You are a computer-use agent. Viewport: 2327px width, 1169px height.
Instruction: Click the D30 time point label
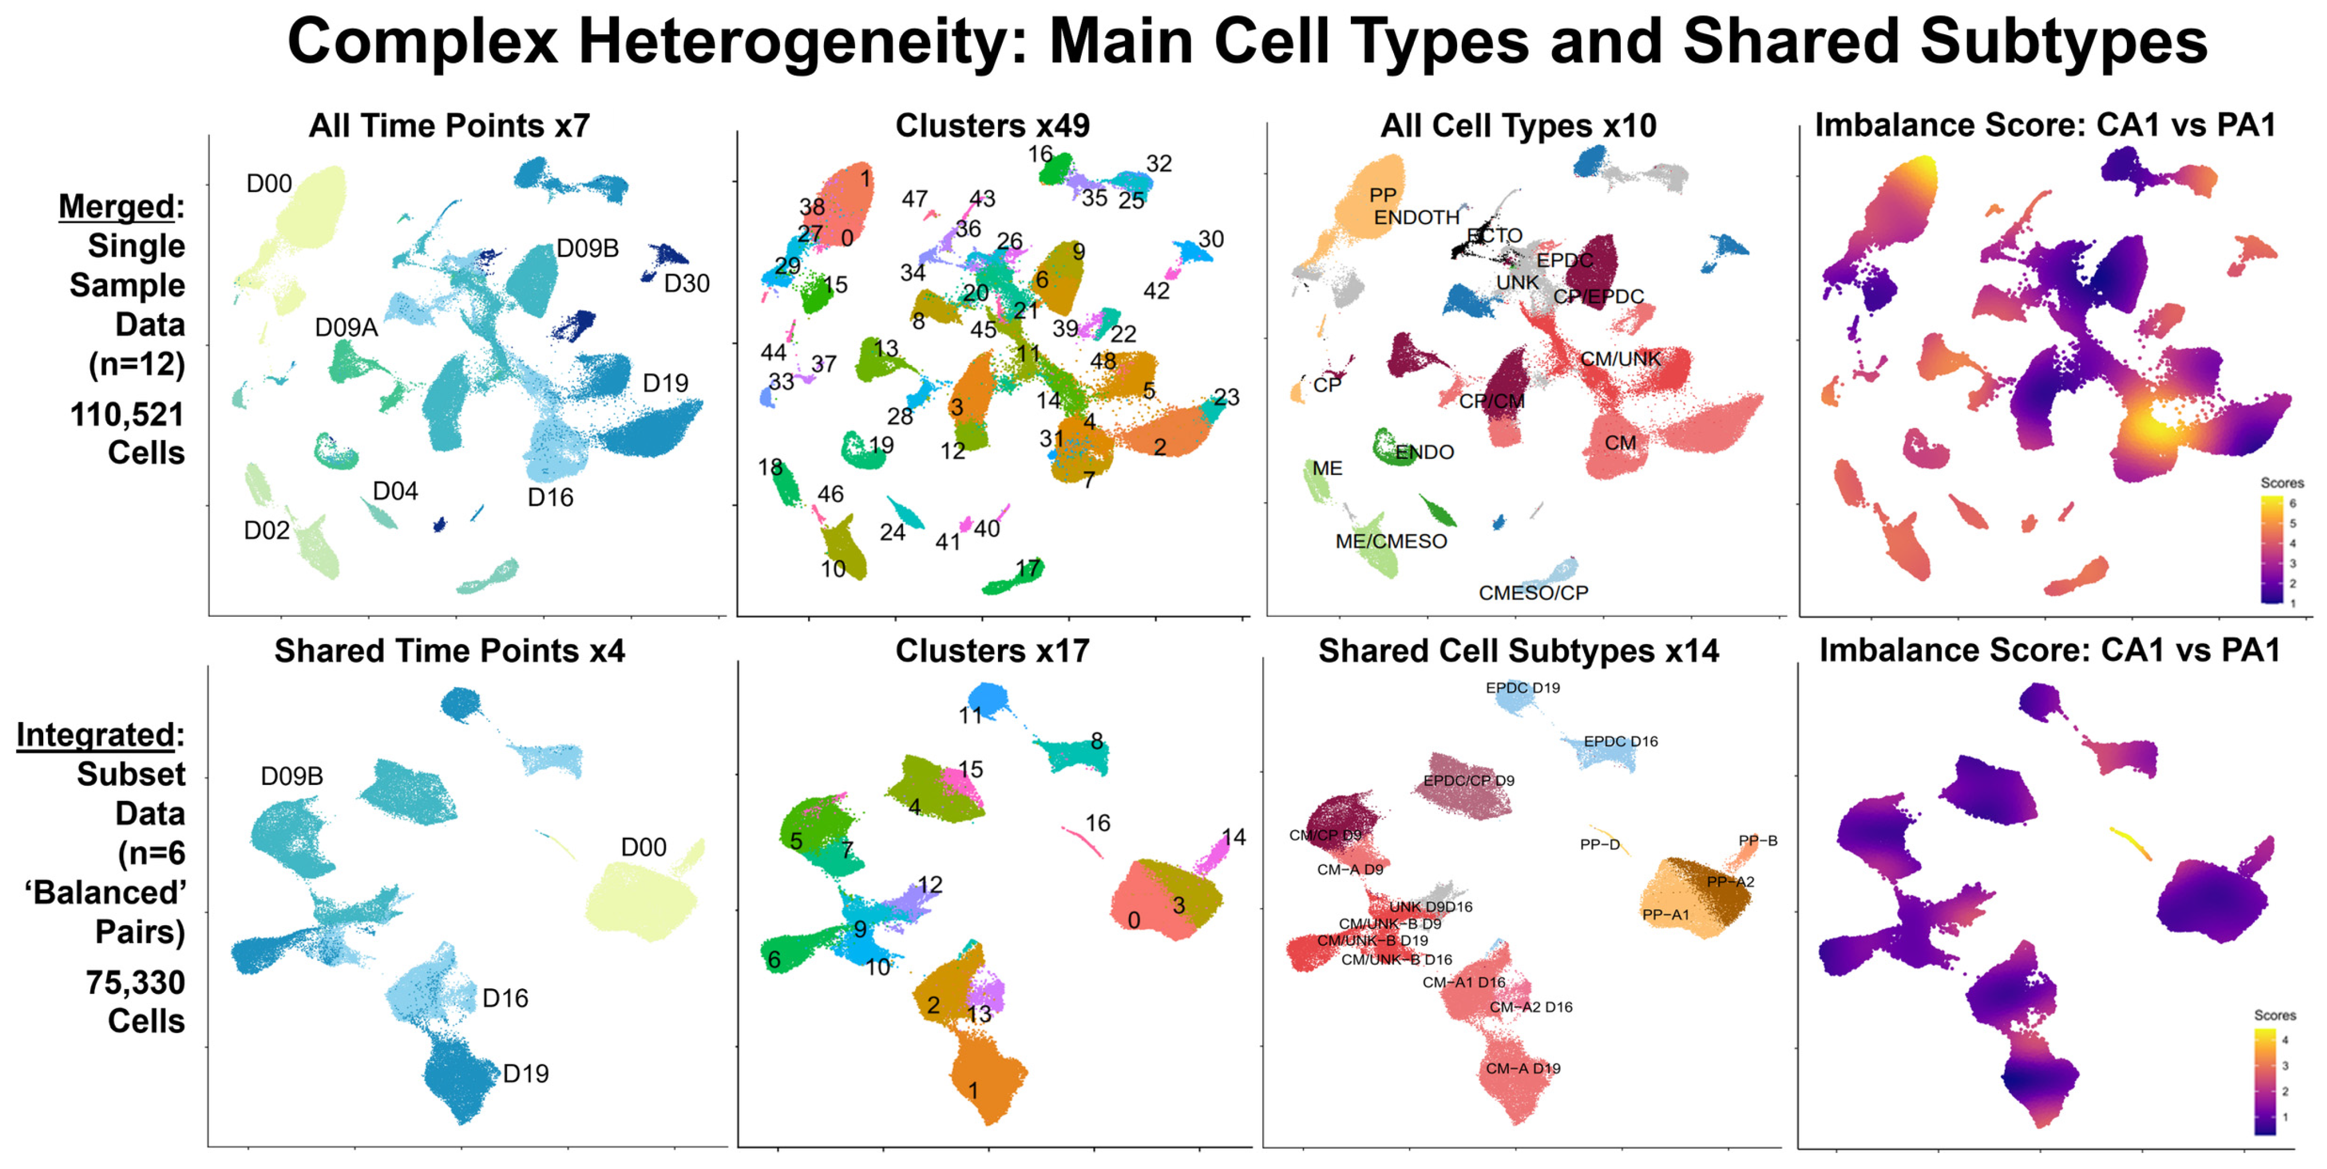click(686, 284)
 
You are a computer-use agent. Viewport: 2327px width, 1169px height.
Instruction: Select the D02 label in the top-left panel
click(266, 530)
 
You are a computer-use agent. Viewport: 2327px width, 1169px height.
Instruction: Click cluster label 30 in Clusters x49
click(1210, 240)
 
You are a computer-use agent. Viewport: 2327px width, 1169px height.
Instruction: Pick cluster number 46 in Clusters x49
click(830, 494)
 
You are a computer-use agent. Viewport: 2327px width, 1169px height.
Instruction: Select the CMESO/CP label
click(1533, 593)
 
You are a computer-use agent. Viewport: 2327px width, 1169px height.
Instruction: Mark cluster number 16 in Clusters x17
click(1097, 823)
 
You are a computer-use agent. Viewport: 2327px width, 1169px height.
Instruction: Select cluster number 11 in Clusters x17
click(970, 715)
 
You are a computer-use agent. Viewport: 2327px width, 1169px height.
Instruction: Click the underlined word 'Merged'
click(116, 207)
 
